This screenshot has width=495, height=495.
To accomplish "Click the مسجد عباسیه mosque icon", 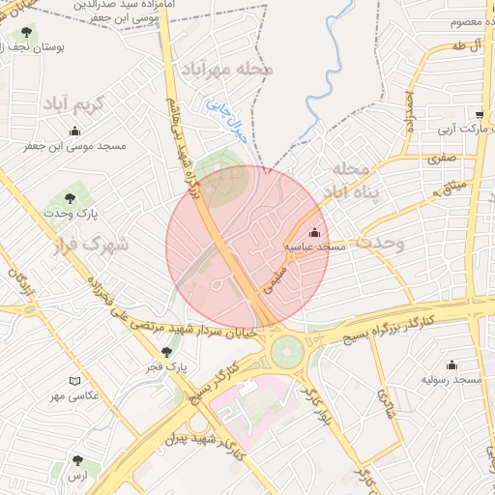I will pos(314,232).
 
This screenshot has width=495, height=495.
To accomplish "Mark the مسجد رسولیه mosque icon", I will pos(451,364).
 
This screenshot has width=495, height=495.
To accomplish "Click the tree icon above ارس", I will pos(77,460).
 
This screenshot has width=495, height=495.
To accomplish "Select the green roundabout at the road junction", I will pos(286,350).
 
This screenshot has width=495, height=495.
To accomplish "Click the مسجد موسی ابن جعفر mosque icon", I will pos(75,131).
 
